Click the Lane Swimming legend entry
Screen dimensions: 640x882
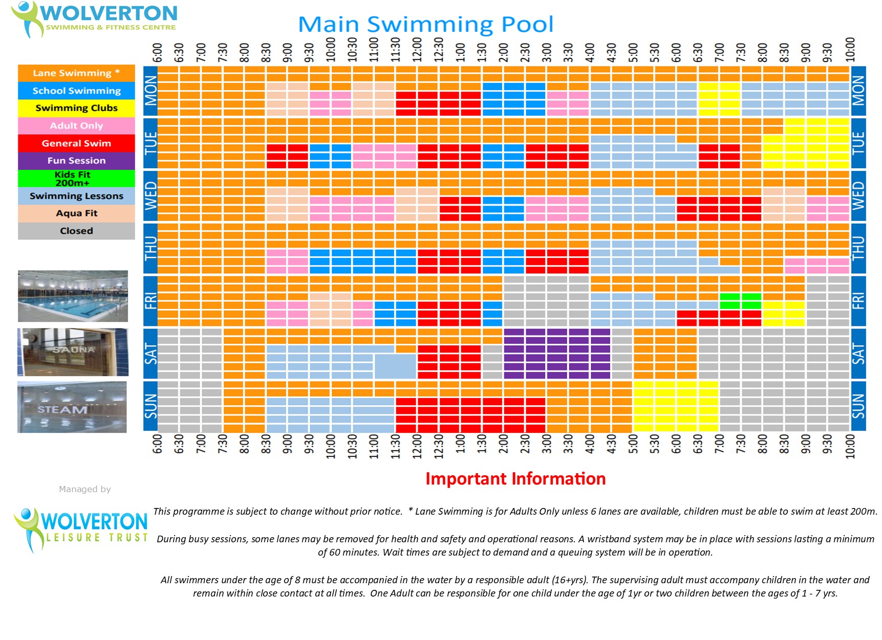click(76, 73)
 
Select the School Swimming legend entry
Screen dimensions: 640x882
click(76, 91)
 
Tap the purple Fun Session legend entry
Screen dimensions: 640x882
click(76, 161)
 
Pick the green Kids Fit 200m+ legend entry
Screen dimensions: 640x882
click(76, 179)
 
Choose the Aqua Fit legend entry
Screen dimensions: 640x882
click(76, 213)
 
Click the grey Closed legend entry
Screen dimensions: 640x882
click(76, 231)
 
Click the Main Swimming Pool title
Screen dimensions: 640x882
click(425, 24)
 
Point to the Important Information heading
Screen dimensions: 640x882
click(515, 479)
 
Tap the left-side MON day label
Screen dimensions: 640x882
click(150, 91)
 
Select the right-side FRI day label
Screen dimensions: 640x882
click(858, 301)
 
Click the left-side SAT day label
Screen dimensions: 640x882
click(150, 354)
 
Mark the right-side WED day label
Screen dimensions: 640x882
click(858, 196)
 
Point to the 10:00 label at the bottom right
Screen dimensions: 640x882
click(850, 447)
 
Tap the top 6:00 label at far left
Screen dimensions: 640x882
click(157, 53)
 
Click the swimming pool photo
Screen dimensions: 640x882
click(73, 296)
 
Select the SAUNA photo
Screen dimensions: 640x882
click(73, 352)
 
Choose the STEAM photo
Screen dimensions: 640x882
click(72, 407)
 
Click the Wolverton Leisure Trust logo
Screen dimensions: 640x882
click(80, 529)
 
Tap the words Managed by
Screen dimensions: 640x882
click(85, 489)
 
